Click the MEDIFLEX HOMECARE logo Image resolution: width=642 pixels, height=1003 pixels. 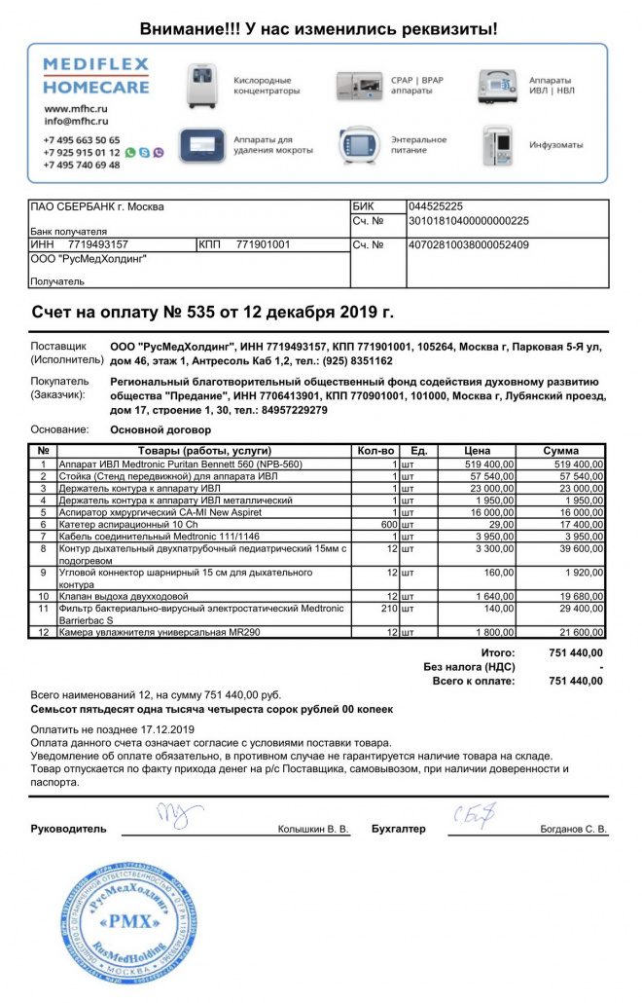tap(95, 76)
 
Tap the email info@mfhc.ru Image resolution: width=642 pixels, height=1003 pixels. tap(75, 122)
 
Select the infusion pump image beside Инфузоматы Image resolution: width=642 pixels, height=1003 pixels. tap(497, 145)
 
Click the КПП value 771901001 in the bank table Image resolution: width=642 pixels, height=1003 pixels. tap(264, 244)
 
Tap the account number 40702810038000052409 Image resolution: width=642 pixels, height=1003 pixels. tap(469, 244)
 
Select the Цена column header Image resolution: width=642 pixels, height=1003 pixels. tap(477, 451)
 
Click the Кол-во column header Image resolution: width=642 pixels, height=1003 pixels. tap(375, 451)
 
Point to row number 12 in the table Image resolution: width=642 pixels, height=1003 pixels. tap(43, 633)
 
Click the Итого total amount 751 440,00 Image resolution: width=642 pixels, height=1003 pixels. tap(575, 652)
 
